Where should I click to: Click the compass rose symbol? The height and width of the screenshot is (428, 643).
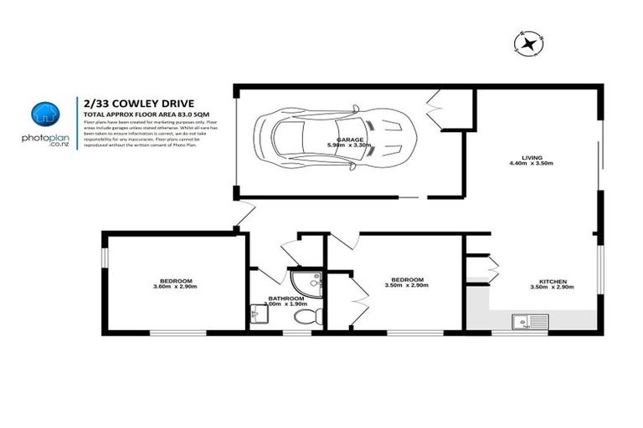pyautogui.click(x=528, y=43)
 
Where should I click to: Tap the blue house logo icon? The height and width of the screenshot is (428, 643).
pyautogui.click(x=43, y=115)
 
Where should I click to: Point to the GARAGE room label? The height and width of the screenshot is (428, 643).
pyautogui.click(x=348, y=139)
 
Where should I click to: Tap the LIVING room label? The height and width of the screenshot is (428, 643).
pyautogui.click(x=532, y=158)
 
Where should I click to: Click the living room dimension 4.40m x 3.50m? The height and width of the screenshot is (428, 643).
pyautogui.click(x=532, y=165)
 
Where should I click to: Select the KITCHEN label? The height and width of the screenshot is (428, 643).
pyautogui.click(x=553, y=281)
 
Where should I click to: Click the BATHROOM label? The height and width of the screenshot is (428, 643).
pyautogui.click(x=285, y=298)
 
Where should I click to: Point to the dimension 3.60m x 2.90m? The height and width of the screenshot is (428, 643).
pyautogui.click(x=175, y=287)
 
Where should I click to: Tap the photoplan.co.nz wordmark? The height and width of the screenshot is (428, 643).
pyautogui.click(x=44, y=140)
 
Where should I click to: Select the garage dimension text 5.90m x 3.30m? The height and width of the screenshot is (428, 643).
pyautogui.click(x=348, y=145)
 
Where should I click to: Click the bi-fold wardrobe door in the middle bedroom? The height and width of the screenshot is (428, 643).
pyautogui.click(x=361, y=298)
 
